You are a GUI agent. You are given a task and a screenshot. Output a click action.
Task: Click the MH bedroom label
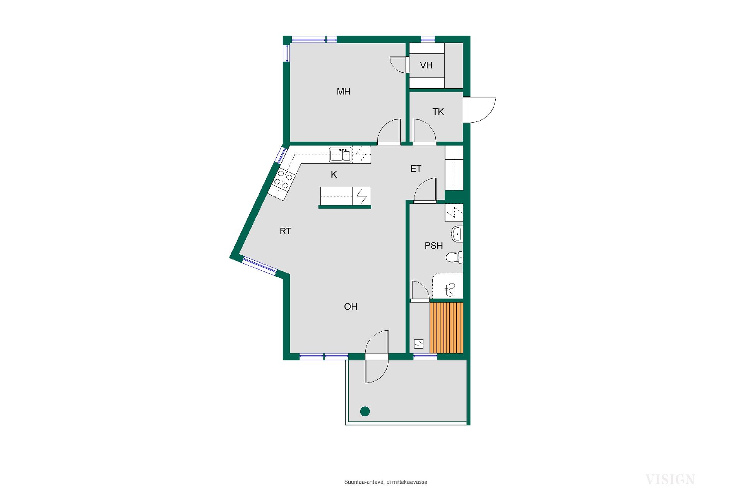point(344,92)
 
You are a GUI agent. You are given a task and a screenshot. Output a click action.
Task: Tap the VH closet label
point(426,65)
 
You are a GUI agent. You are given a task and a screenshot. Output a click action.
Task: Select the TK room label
point(438,112)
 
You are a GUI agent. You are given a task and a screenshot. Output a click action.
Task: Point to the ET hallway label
point(416,169)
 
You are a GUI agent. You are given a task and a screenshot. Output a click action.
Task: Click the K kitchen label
point(334,175)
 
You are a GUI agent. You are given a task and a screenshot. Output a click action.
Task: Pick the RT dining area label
point(285,231)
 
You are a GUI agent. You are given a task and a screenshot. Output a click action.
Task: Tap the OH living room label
point(351,307)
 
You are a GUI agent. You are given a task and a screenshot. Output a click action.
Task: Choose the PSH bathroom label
point(434,246)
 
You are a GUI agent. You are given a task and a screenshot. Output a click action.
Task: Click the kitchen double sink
point(341,155)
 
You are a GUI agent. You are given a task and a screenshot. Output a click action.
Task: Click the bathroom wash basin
point(457,233)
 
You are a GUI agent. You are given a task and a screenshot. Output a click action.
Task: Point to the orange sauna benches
point(447,328)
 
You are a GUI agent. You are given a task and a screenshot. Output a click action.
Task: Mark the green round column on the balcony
point(365,411)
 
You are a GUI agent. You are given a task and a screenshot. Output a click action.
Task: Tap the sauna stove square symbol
point(419,343)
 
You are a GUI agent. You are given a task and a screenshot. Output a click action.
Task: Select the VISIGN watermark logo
point(670,480)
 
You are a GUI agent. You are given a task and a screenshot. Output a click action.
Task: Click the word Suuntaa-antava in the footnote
point(364,482)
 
